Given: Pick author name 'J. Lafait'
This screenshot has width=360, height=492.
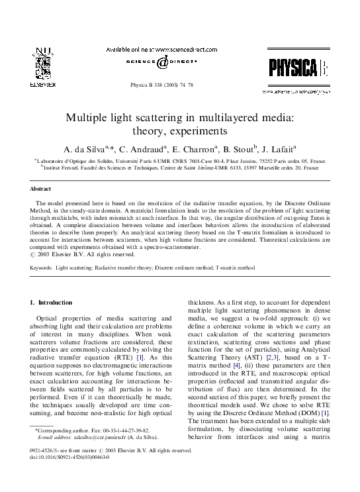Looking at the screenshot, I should [x=279, y=149].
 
